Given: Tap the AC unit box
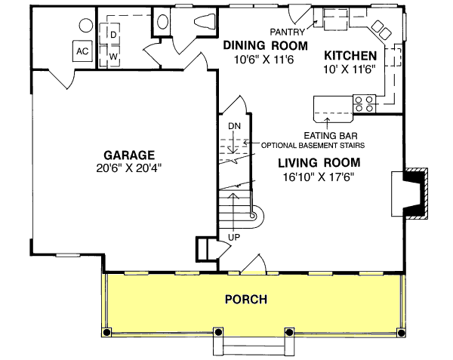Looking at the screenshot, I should coord(81,51).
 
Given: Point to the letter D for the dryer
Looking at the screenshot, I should coord(112,35).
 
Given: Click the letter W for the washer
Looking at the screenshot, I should coord(112,56).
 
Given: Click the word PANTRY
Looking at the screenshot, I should coord(288,32).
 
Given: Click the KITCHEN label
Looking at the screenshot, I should coord(350,56).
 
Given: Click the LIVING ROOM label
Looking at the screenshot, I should coord(318,162).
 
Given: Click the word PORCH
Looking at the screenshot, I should coord(245,300).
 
